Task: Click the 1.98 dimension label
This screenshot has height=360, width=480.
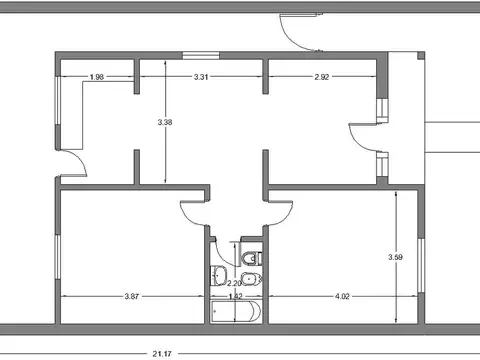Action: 97,77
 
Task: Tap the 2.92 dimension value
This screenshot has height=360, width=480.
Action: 322,77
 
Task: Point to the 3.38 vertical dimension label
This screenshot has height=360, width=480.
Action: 165,122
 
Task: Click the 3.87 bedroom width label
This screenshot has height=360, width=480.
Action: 132,296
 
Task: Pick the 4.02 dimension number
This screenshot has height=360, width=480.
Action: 342,296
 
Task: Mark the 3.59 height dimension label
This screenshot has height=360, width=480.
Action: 396,258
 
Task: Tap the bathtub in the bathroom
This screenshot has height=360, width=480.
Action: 236,313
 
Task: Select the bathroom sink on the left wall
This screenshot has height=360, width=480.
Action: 219,277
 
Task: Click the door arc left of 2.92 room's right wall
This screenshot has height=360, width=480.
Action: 361,137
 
